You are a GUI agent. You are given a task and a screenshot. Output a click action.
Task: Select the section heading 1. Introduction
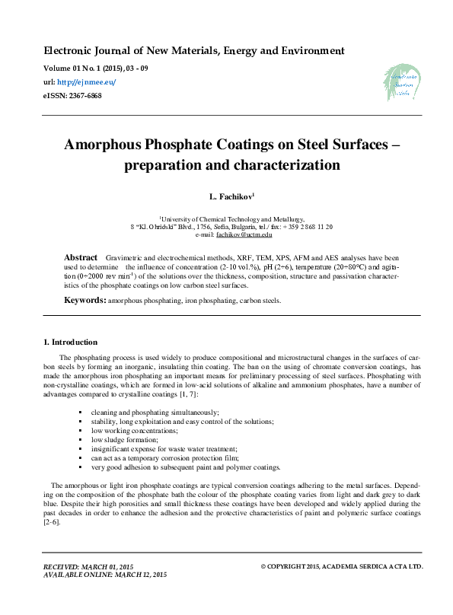(70, 342)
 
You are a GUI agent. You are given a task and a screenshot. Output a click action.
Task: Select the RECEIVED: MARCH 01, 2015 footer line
(89, 566)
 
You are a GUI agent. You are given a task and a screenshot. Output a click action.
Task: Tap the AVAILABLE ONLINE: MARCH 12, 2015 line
(104, 575)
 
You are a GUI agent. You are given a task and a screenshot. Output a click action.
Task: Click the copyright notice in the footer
(342, 566)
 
